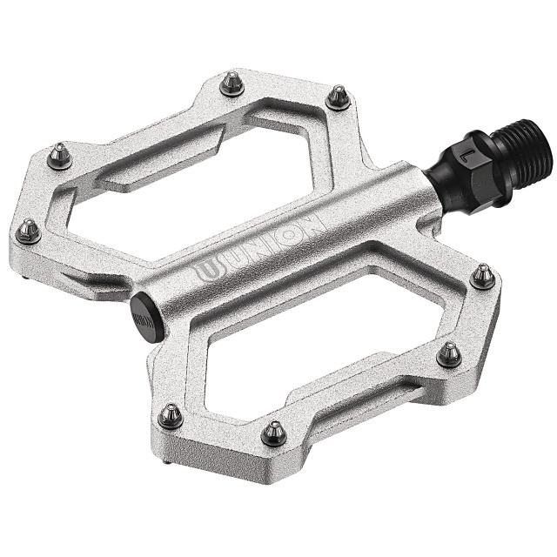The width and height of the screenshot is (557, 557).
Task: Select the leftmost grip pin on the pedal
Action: [x=29, y=231]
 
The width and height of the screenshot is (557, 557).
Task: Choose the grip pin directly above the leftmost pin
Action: [x=59, y=156]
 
